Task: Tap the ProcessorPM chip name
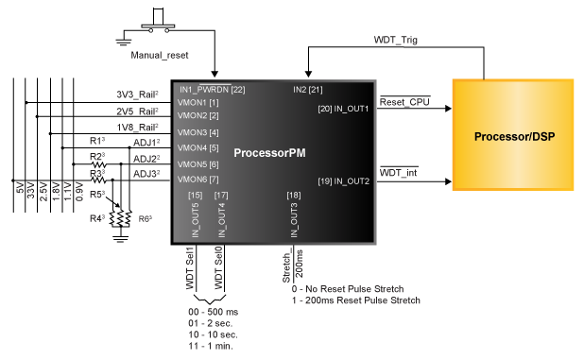269,152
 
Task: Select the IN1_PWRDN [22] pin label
212,90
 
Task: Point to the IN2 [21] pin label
308,90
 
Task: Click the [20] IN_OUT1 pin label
343,109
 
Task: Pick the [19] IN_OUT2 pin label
343,180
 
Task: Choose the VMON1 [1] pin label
198,102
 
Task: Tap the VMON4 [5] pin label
198,148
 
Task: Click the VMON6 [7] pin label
198,179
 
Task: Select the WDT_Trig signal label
397,41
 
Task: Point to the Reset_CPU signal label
404,101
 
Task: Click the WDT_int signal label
397,174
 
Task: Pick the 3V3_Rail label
137,94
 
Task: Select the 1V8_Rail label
137,126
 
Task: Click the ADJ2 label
146,158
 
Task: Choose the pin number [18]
294,195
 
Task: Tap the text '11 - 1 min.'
210,346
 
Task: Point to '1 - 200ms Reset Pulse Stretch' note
355,300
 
